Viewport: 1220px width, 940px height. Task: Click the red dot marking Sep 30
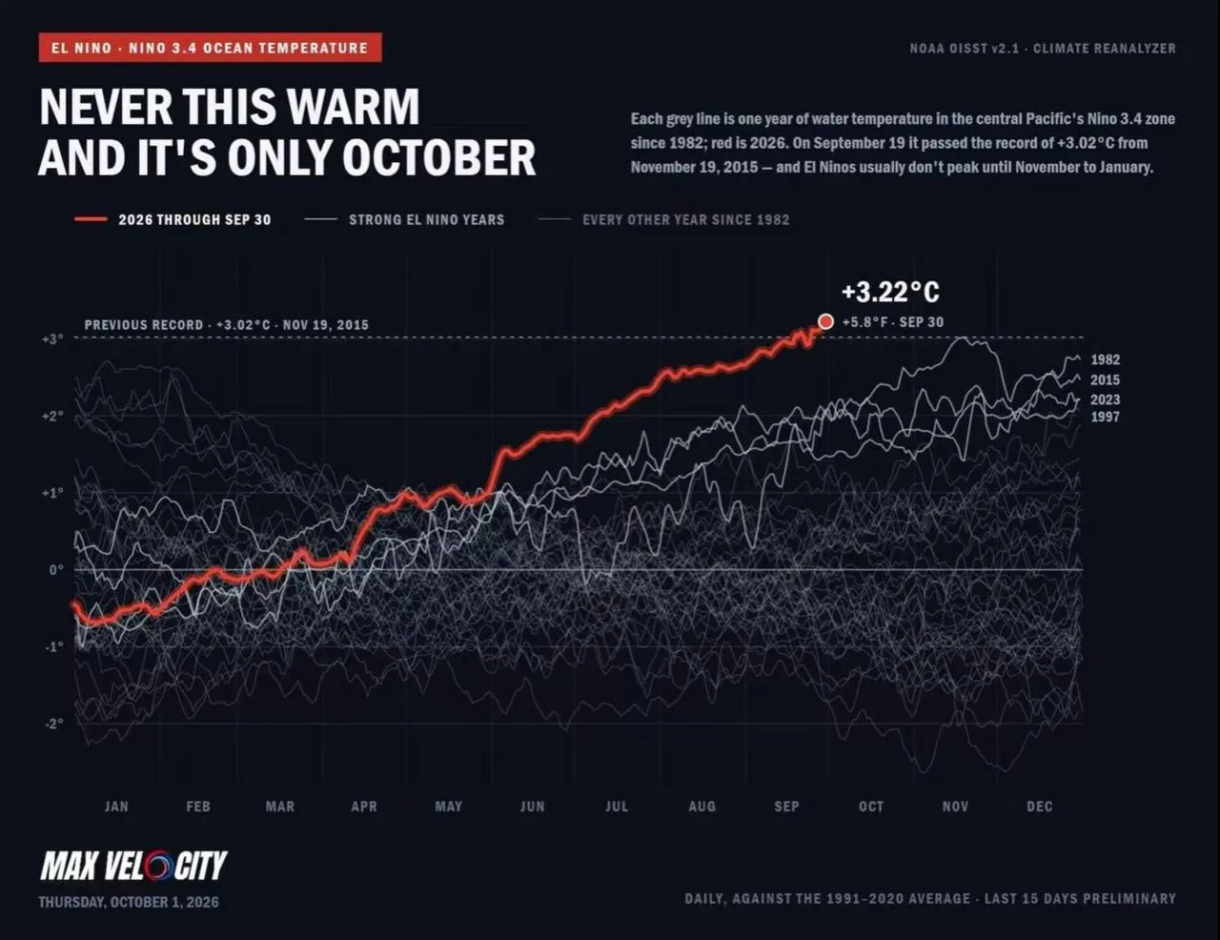pyautogui.click(x=825, y=321)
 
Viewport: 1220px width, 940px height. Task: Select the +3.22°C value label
pyautogui.click(x=890, y=292)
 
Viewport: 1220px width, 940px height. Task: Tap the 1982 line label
pyautogui.click(x=1105, y=359)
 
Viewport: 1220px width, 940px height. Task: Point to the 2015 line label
pyautogui.click(x=1105, y=379)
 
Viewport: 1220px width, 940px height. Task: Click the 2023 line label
pyautogui.click(x=1105, y=399)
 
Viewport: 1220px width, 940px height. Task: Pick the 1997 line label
pyautogui.click(x=1105, y=417)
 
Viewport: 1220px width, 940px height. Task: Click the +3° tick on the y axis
pyautogui.click(x=52, y=339)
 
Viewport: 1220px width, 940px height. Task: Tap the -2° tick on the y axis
pyautogui.click(x=54, y=724)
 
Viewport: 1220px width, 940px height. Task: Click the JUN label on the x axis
pyautogui.click(x=532, y=807)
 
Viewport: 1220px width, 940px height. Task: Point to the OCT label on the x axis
pyautogui.click(x=871, y=807)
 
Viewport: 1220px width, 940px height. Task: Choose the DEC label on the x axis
pyautogui.click(x=1039, y=807)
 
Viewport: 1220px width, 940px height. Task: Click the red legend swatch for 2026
pyautogui.click(x=91, y=219)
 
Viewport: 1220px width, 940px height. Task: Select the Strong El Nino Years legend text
pyautogui.click(x=427, y=219)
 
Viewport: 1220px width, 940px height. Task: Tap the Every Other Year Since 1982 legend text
pyautogui.click(x=685, y=219)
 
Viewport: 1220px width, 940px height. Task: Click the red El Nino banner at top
pyautogui.click(x=211, y=48)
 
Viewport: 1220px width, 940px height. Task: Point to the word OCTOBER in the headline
pyautogui.click(x=439, y=158)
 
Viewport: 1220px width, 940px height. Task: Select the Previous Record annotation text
pyautogui.click(x=226, y=324)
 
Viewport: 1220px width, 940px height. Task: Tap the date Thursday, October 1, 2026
pyautogui.click(x=129, y=902)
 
